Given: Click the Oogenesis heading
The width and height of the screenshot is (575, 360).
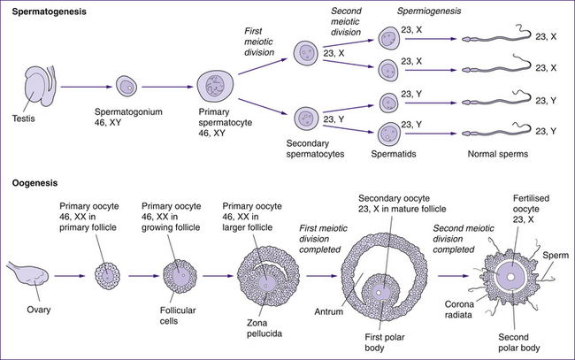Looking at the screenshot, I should tap(34, 183).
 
